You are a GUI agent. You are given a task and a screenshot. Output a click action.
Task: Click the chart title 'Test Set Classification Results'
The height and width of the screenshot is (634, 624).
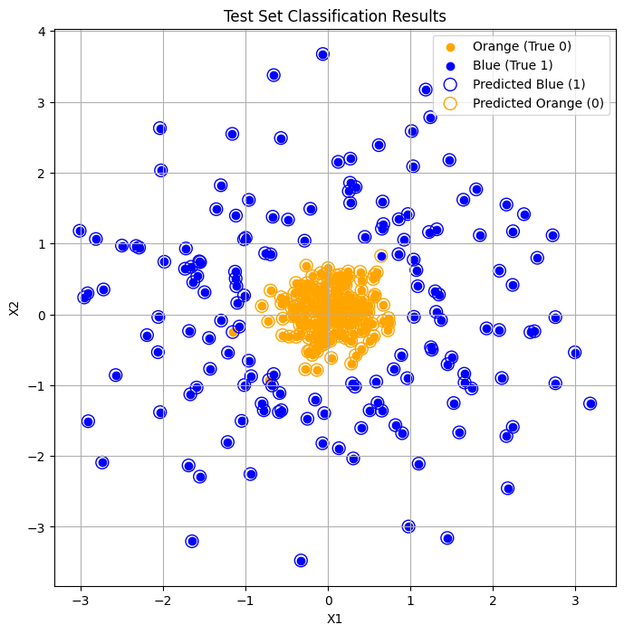tap(335, 16)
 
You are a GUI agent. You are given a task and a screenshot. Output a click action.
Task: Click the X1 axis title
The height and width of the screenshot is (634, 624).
tap(335, 619)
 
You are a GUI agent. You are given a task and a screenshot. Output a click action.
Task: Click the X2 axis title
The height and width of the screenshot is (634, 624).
tap(14, 308)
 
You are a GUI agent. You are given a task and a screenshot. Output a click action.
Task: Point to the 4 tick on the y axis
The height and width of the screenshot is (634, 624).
tap(42, 32)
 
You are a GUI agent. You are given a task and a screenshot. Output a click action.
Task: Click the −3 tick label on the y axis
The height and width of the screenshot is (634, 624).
tap(38, 527)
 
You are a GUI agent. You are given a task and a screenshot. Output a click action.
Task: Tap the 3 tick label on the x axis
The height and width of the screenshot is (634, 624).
tap(575, 599)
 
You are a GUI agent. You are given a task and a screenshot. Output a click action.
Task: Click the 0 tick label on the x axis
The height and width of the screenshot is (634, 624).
tap(328, 599)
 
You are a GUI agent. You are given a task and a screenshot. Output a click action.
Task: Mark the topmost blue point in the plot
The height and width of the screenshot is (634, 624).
tap(322, 54)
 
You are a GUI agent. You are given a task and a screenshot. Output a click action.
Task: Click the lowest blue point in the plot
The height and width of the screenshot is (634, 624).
tap(301, 561)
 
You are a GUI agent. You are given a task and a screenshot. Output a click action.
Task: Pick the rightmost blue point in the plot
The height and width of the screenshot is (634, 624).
tap(590, 403)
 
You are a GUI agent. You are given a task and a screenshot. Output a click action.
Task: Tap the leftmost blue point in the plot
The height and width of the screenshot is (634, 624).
tap(80, 232)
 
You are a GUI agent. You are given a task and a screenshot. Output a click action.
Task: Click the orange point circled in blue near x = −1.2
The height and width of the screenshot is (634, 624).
tap(232, 332)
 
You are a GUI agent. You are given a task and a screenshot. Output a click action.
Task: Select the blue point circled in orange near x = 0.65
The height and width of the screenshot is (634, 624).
tap(381, 256)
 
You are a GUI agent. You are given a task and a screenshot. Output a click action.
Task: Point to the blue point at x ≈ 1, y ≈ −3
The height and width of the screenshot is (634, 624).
tap(408, 526)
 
